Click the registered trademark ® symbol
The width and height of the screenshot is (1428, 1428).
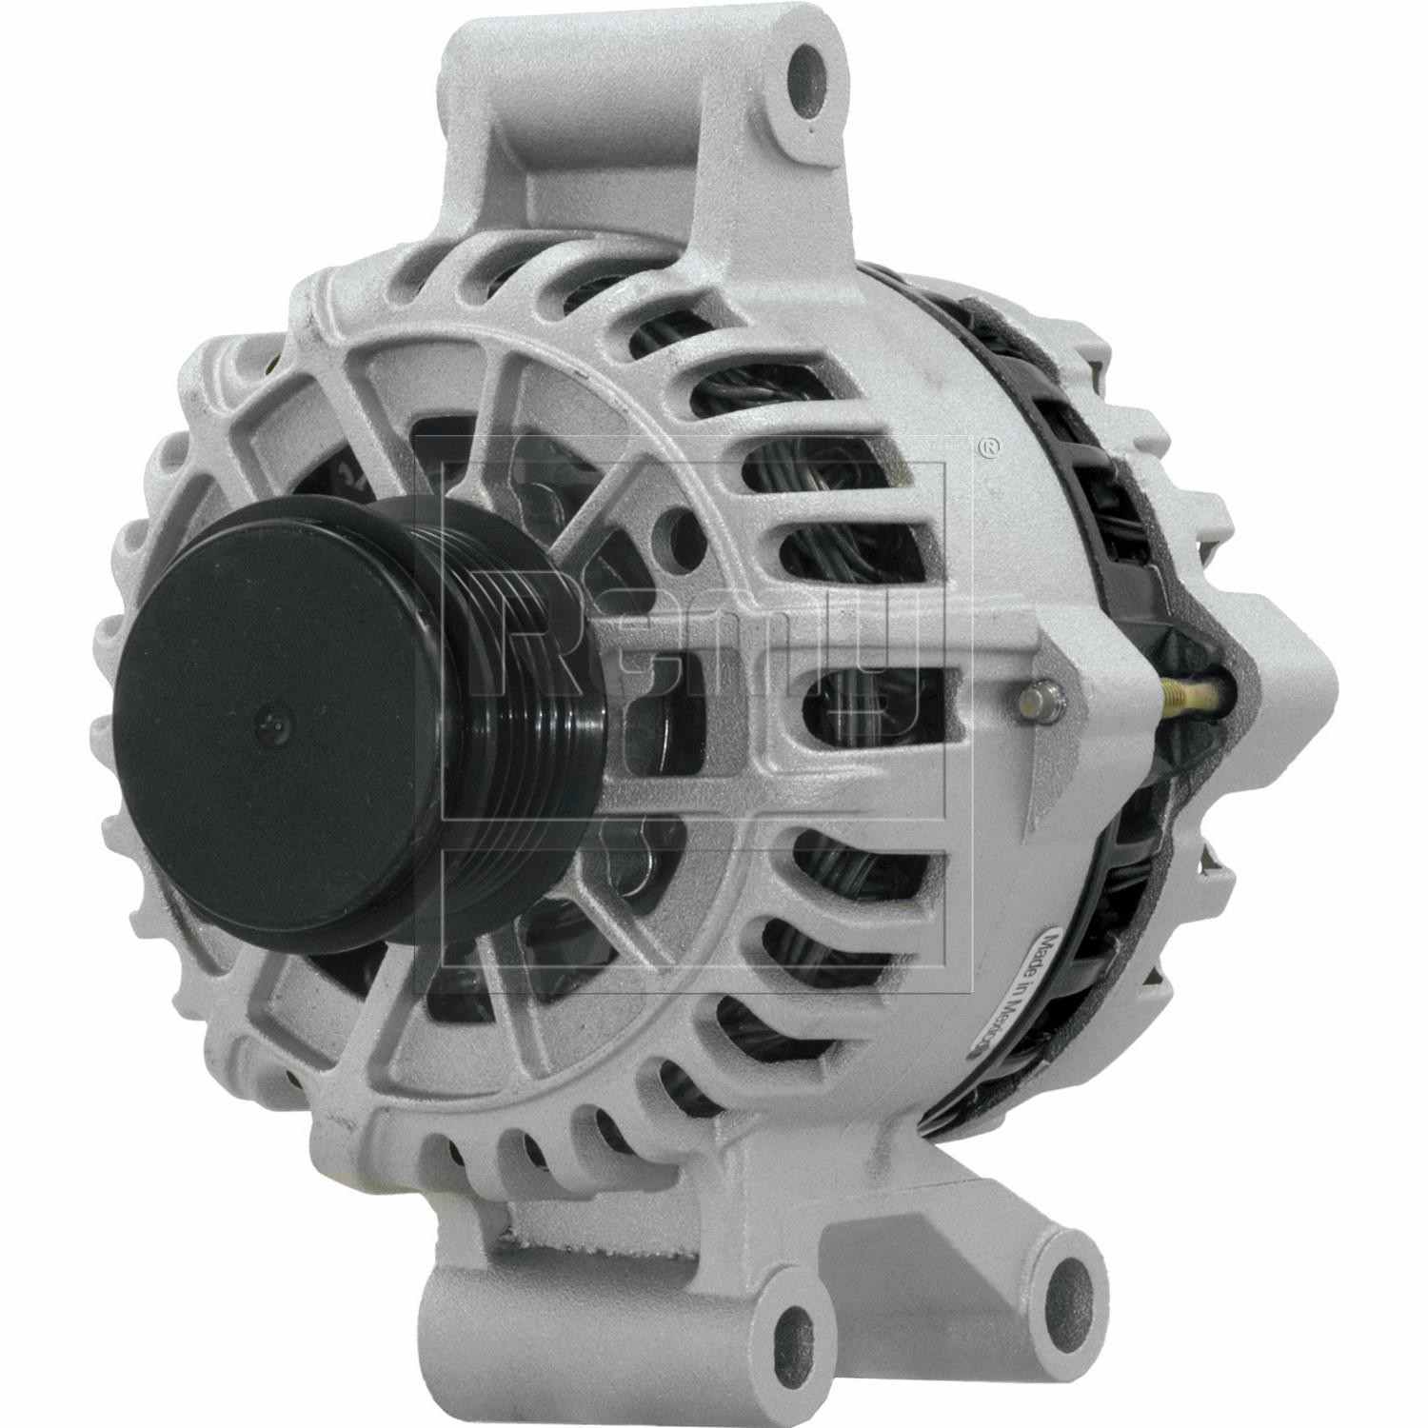tap(990, 444)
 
